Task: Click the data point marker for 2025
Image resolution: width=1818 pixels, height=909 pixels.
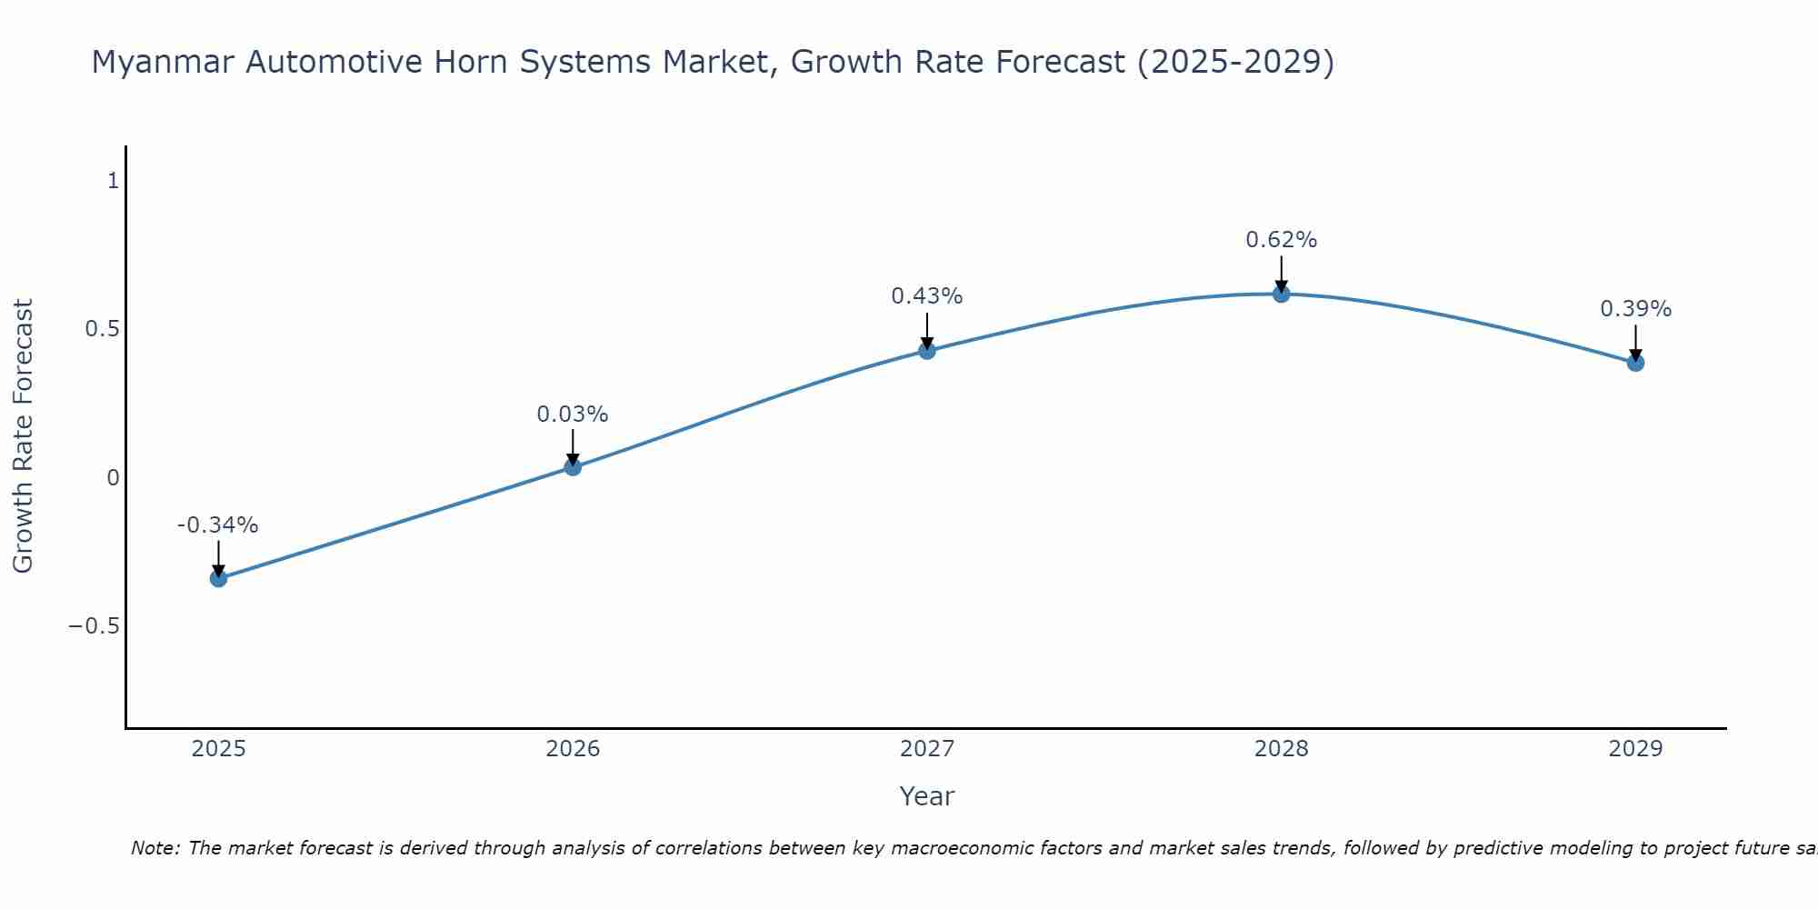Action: coord(218,578)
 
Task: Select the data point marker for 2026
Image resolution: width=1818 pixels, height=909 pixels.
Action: coord(573,467)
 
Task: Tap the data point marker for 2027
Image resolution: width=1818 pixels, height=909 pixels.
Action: coord(927,350)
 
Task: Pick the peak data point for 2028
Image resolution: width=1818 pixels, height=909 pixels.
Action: coord(1282,294)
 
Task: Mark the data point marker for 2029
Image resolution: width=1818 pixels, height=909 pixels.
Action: coord(1635,363)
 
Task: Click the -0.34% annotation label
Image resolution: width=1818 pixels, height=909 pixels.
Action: coord(217,525)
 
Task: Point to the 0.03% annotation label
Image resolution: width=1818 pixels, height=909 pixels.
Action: coord(572,415)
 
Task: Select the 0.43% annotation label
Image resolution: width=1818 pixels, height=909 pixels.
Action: coord(926,296)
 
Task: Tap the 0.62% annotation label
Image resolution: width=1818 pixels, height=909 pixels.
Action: coord(1281,240)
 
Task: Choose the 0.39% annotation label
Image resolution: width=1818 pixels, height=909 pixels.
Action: coord(1635,309)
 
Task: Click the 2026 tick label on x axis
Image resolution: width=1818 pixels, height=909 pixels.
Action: coord(573,749)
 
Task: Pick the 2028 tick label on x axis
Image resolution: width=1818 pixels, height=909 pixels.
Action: coord(1281,749)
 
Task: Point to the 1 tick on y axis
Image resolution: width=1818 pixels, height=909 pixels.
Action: coord(113,181)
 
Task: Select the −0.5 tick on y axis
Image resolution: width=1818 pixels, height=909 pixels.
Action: coord(94,626)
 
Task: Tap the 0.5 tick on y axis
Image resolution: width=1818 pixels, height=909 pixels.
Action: coord(102,329)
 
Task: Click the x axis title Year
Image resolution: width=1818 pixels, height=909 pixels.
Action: coord(926,797)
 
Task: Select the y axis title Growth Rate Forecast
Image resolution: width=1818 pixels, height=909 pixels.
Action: coord(23,436)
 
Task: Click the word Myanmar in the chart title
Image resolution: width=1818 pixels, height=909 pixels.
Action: coord(163,63)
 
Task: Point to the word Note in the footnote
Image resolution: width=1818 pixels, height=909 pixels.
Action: coord(155,849)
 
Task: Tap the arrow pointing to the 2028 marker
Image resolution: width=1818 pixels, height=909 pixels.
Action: coord(1282,273)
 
